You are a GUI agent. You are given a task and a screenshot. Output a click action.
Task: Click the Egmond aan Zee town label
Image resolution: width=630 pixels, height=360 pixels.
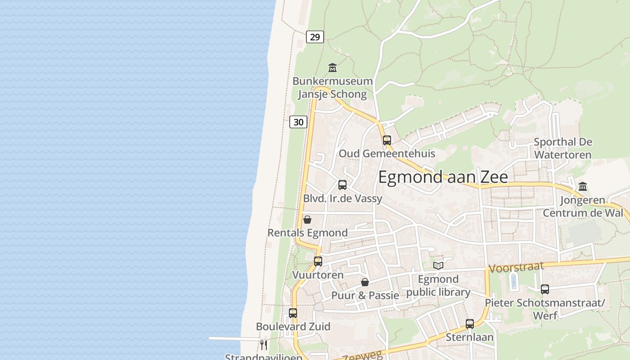coord(443,177)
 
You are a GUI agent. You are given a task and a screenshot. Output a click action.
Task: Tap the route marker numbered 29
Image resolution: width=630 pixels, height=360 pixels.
coord(315,37)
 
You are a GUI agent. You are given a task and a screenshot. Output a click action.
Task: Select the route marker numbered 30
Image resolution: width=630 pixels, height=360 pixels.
coord(298,121)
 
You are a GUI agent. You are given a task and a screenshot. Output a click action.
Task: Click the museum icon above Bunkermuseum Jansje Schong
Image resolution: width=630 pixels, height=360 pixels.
coord(333,68)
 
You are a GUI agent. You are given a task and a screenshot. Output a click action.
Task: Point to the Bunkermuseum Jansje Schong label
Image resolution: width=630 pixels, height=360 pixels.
coord(333,88)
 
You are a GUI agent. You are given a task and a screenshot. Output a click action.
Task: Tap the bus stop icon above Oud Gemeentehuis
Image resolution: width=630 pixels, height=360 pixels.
coord(387,140)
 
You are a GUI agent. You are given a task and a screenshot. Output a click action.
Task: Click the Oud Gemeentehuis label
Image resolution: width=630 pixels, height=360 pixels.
coord(387,153)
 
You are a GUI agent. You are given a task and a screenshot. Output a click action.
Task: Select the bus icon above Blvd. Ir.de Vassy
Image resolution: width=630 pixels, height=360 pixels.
coord(342,185)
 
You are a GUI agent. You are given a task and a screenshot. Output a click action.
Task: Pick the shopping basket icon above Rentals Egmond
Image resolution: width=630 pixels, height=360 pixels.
coord(307,220)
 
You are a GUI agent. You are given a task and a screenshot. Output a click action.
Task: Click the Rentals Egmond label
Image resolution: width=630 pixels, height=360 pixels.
coord(307,233)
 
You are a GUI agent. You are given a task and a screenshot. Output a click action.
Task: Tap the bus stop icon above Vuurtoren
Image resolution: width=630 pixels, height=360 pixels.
coord(318,261)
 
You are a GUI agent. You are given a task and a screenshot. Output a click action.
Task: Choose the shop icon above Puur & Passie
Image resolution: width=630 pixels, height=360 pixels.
coord(365,282)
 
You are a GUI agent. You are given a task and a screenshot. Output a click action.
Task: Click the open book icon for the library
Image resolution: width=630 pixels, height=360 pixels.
coord(438,265)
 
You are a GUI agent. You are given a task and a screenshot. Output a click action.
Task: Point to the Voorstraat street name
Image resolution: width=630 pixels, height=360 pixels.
coord(516,267)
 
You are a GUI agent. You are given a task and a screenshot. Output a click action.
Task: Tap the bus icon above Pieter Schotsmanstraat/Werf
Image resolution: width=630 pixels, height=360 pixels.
coord(545,289)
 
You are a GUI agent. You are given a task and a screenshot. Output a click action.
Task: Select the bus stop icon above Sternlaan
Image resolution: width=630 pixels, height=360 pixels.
coord(470,324)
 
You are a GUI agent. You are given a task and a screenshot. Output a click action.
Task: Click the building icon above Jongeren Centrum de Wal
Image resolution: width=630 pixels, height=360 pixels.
coord(583,186)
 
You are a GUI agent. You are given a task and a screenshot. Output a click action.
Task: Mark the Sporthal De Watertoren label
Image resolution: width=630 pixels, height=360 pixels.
coord(562,148)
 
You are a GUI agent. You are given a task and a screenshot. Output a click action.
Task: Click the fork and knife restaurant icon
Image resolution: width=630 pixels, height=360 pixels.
coord(264,345)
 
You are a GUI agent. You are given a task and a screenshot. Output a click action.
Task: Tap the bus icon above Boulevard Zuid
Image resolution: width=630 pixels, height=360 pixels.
coord(293,313)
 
